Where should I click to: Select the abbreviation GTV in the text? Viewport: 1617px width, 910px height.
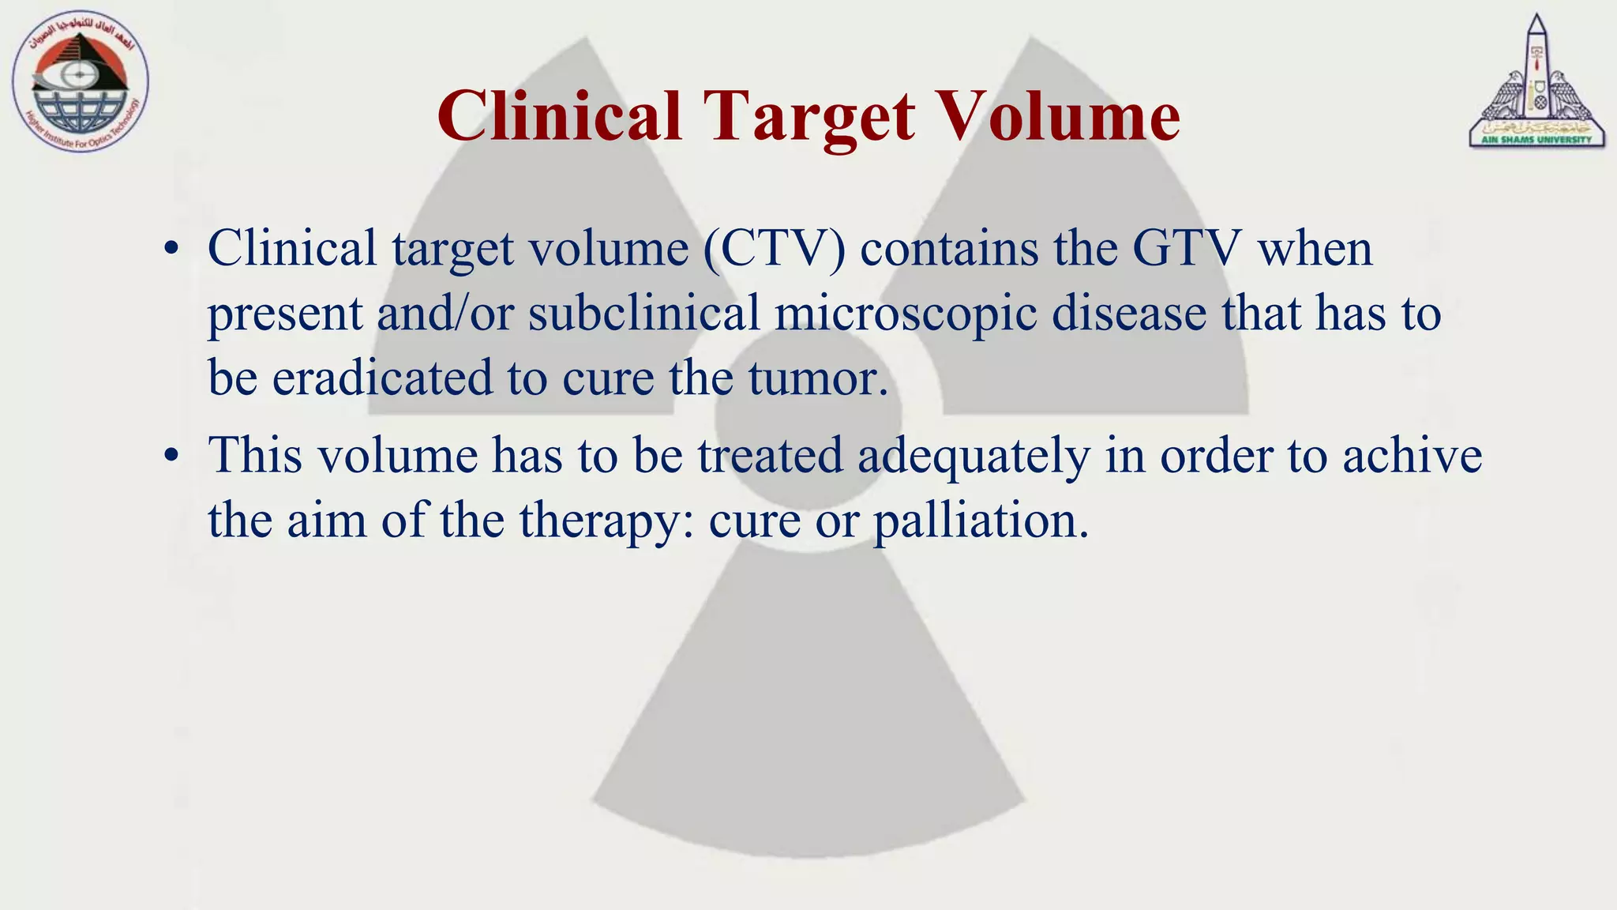(x=1187, y=249)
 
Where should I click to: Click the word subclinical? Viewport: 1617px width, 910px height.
(x=643, y=313)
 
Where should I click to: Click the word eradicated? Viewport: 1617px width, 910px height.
(x=383, y=378)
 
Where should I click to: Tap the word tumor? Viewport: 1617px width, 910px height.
(x=817, y=378)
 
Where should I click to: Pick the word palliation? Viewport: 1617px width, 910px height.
(x=981, y=522)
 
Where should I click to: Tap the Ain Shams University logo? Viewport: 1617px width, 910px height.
(x=1536, y=83)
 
